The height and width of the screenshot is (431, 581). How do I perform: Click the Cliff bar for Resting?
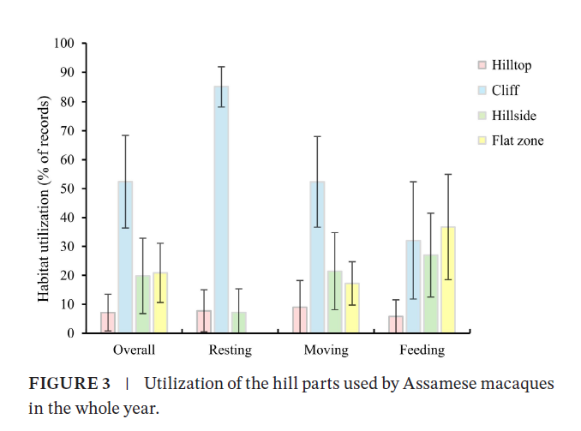[x=222, y=209]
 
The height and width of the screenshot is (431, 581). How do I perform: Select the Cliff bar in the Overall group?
[x=125, y=257]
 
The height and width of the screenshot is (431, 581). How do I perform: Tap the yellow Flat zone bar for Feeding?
[x=448, y=279]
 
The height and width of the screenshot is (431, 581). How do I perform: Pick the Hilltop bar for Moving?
[x=300, y=320]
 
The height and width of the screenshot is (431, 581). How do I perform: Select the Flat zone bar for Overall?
[x=159, y=302]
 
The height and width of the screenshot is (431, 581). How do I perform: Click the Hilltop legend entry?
[x=510, y=65]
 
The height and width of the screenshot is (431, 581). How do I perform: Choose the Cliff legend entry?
[x=504, y=90]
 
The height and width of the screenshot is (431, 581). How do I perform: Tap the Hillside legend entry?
[x=512, y=115]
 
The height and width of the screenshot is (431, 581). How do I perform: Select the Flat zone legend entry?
[x=516, y=141]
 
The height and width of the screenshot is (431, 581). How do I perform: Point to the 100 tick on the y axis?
[x=65, y=44]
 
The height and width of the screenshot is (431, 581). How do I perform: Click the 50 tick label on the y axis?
[x=68, y=189]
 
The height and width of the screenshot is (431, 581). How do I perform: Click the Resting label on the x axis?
[x=231, y=350]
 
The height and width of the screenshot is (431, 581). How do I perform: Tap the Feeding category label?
[x=422, y=350]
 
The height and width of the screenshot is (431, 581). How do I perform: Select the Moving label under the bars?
[x=326, y=350]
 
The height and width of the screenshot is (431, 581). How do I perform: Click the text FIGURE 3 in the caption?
[x=69, y=383]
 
